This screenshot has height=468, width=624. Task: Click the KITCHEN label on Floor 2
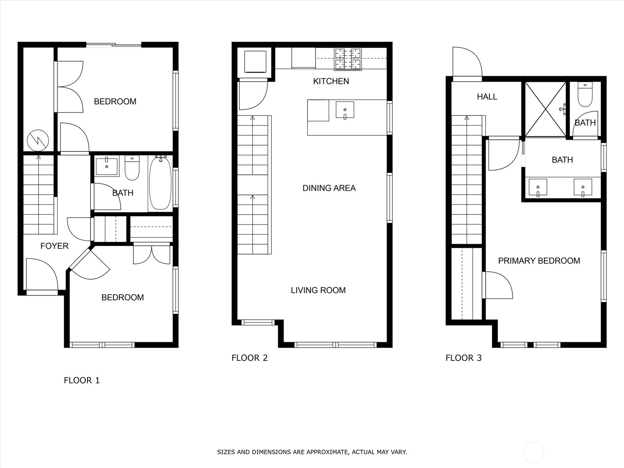331,81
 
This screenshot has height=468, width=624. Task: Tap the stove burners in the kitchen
348,59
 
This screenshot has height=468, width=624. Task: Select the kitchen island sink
345,110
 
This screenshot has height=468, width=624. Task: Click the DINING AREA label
329,188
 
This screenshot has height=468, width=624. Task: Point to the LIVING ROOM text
318,290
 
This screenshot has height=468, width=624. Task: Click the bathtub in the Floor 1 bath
160,183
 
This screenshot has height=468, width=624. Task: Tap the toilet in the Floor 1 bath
132,168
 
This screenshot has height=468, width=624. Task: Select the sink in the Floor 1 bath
106,166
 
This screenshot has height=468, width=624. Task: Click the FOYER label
54,246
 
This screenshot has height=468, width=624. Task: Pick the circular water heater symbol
38,140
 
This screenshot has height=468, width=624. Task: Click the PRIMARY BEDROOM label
539,261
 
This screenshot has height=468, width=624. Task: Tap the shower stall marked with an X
545,109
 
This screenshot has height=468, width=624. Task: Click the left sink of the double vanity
538,187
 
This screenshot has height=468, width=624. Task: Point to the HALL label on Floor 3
487,96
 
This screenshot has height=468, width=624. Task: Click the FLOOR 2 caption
250,358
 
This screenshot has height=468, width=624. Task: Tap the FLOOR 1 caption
82,380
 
